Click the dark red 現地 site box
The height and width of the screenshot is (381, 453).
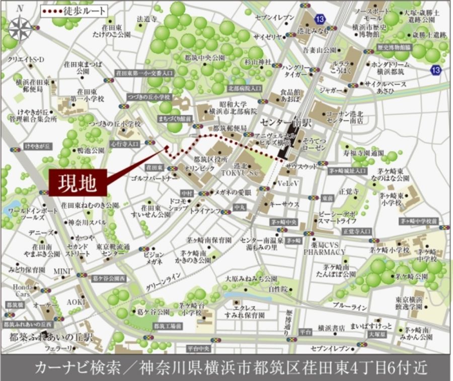pyautogui.click(x=78, y=182)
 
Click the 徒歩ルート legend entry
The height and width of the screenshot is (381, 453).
pyautogui.click(x=74, y=11)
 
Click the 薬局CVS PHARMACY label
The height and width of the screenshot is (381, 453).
pyautogui.click(x=324, y=246)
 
